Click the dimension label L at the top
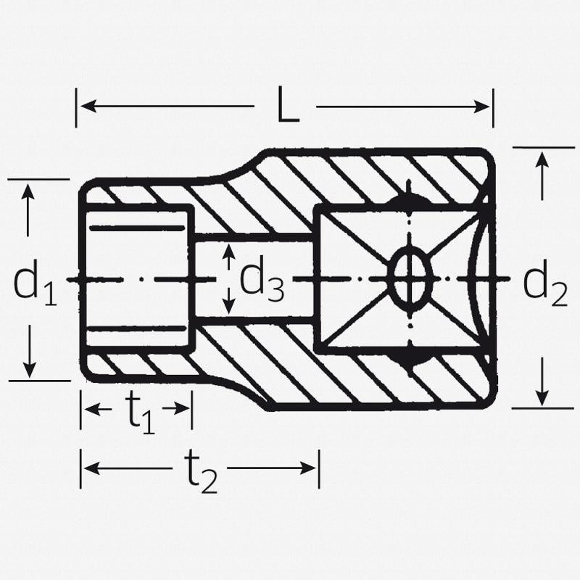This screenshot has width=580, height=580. click(287, 107)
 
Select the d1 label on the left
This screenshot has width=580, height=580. click(34, 283)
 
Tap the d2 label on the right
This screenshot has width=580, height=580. click(544, 283)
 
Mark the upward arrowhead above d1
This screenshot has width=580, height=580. click(28, 191)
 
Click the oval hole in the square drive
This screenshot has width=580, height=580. click(410, 279)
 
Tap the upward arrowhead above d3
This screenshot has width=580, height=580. click(229, 250)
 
